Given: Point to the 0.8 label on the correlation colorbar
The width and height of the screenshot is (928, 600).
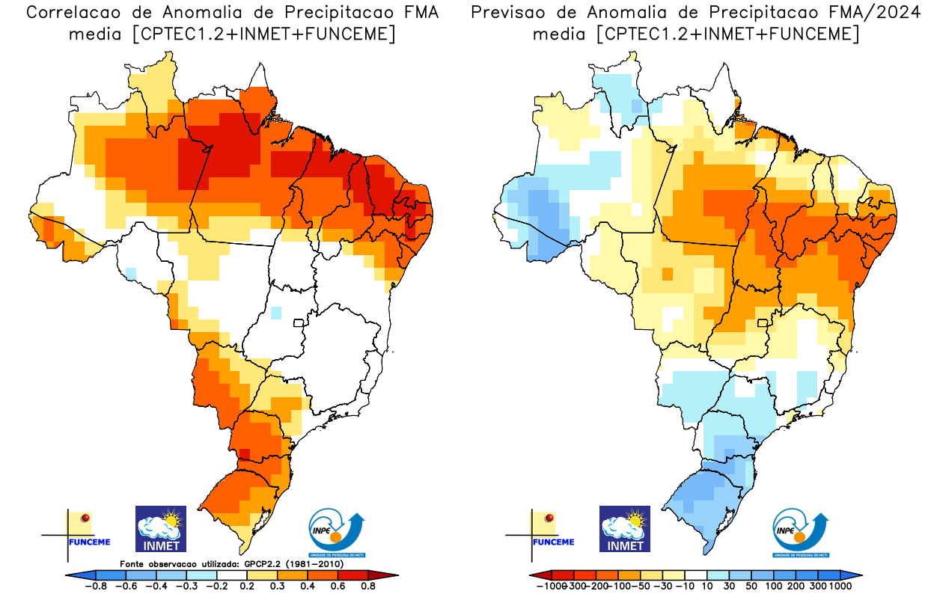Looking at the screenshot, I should pos(367,587).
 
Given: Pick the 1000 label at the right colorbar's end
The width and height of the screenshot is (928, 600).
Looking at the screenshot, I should pos(840,587).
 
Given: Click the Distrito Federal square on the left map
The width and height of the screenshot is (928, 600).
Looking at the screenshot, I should pos(298,323).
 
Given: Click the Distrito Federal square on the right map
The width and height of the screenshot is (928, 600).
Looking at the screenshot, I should pos(763,323).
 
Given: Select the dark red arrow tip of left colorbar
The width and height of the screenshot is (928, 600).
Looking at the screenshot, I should pos(391,575).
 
